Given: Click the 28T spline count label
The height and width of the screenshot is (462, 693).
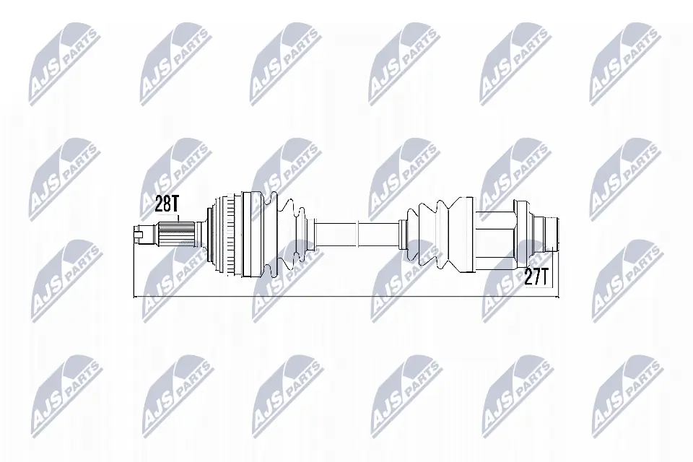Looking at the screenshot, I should (167, 204).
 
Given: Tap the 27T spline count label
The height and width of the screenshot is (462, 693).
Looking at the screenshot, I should (537, 277).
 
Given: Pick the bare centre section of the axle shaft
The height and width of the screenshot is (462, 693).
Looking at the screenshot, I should (357, 233).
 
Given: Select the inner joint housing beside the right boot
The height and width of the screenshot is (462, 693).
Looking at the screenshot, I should (494, 233).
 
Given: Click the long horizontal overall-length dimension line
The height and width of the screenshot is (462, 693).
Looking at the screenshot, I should (346, 296).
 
